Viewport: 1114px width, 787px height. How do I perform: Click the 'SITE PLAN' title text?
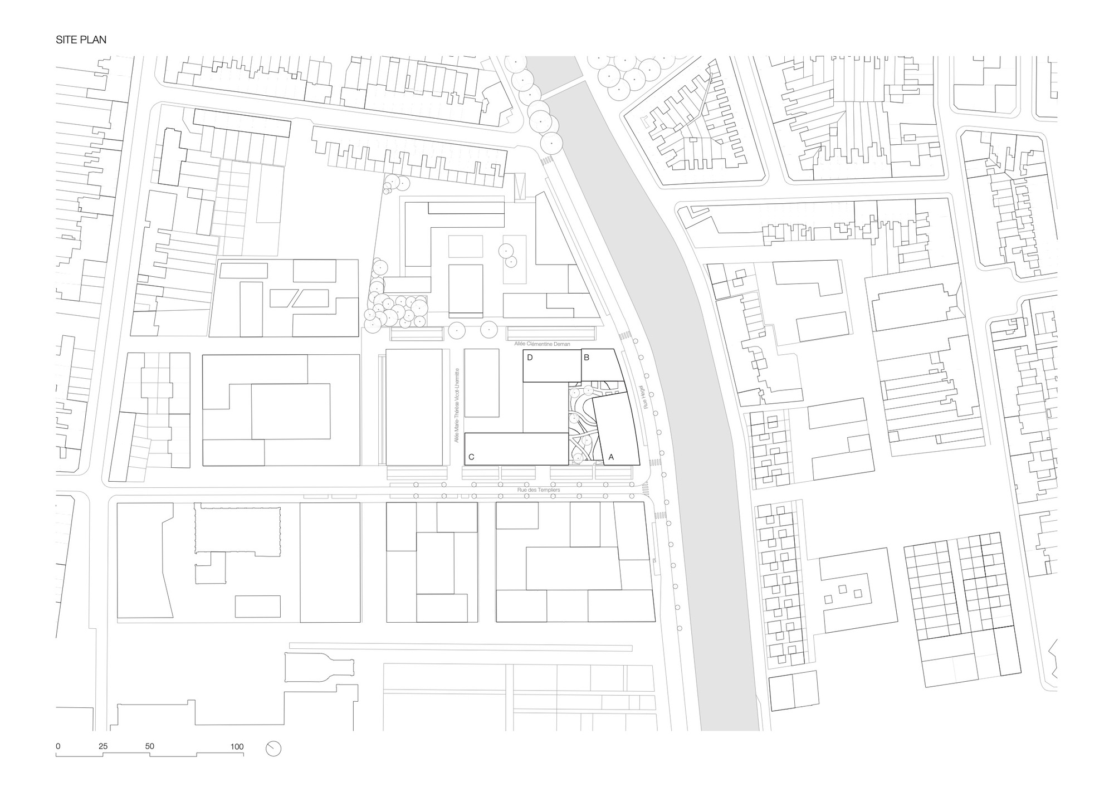tap(81, 40)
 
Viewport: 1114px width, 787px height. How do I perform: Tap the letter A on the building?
tap(611, 457)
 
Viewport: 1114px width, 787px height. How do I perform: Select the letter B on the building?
tap(587, 358)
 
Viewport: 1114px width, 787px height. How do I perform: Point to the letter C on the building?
tap(471, 457)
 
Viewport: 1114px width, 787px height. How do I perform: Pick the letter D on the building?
tap(530, 358)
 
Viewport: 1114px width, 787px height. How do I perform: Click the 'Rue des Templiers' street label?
tap(539, 490)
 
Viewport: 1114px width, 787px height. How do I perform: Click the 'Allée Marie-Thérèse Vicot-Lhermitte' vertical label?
tap(457, 405)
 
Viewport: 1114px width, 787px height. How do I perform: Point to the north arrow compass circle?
tap(273, 749)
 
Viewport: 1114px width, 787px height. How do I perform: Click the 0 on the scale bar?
tap(58, 746)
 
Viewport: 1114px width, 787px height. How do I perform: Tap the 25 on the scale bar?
tap(103, 746)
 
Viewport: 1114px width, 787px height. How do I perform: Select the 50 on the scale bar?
tap(149, 746)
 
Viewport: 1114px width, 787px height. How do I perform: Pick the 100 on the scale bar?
tap(237, 746)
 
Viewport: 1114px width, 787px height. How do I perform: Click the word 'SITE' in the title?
tap(66, 40)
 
